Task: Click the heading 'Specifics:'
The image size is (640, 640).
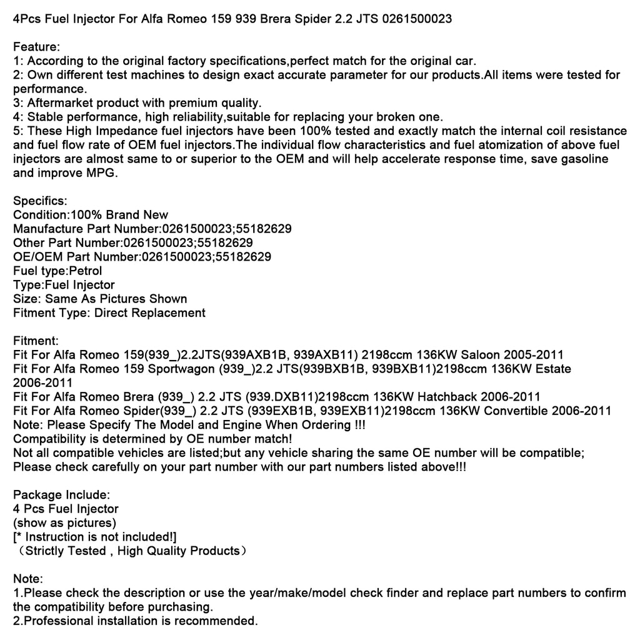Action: click(x=40, y=201)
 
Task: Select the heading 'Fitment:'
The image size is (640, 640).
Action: click(x=36, y=341)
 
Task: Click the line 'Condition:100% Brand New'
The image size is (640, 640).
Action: click(x=90, y=214)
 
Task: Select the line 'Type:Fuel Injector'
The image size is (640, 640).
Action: click(x=64, y=284)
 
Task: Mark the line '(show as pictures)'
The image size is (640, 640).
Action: click(x=64, y=522)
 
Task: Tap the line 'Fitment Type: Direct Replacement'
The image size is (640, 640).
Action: click(x=109, y=312)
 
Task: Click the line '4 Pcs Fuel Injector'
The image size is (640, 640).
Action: click(x=66, y=508)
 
